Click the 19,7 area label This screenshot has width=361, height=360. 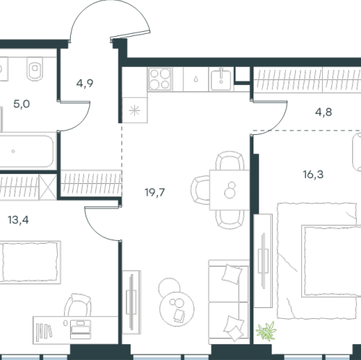tap(155, 193)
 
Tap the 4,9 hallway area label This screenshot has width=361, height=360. tap(84, 84)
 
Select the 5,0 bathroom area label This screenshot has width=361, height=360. tap(22, 104)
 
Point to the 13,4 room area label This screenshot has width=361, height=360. tap(18, 220)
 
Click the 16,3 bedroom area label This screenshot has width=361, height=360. tap(313, 175)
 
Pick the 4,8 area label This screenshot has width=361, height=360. tap(323, 112)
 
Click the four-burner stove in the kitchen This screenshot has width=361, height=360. tap(160, 79)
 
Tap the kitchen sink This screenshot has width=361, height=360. tap(221, 79)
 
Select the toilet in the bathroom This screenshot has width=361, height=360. tap(35, 69)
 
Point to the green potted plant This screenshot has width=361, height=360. tap(266, 331)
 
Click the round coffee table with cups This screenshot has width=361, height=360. tap(177, 308)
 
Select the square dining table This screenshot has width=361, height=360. tap(230, 190)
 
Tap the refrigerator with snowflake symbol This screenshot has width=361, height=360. tap(135, 110)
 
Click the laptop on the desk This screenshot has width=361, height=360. tap(81, 330)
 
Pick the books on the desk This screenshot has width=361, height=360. tap(44, 332)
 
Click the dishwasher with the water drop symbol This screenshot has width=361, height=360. tap(196, 79)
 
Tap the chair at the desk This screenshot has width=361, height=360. tap(79, 305)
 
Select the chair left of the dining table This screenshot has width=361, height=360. tap(201, 190)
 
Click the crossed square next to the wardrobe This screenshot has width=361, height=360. tap(48, 187)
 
